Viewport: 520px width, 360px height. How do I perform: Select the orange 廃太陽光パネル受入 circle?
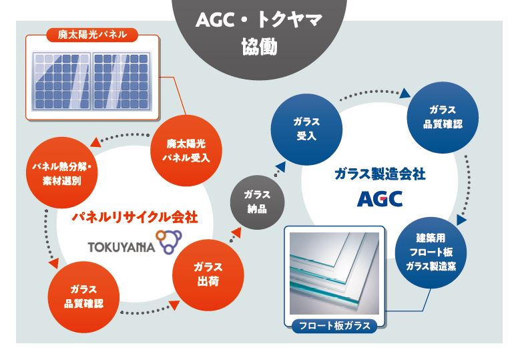[x=186, y=150]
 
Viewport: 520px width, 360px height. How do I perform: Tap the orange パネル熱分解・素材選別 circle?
[x=61, y=172]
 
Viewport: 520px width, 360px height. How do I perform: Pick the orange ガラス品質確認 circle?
[x=83, y=297]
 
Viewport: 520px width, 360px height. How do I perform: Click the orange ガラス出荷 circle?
[x=208, y=275]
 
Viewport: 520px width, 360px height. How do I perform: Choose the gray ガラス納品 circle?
[x=258, y=202]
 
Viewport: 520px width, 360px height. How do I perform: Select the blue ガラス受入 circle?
[x=306, y=129]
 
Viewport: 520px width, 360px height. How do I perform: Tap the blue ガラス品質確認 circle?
[x=443, y=118]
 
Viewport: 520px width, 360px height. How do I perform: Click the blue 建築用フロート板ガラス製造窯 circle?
[x=431, y=253]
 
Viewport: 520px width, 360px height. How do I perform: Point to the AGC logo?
[x=380, y=199]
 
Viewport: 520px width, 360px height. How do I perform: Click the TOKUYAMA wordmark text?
[x=121, y=247]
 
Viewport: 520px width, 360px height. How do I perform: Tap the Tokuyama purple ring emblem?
[x=169, y=242]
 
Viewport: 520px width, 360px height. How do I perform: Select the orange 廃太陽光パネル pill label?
[x=92, y=35]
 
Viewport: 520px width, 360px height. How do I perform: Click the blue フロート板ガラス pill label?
[x=334, y=326]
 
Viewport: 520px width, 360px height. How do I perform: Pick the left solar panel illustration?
[x=61, y=81]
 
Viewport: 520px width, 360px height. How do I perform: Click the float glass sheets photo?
[x=334, y=273]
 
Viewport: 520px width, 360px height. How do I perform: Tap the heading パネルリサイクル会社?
[x=135, y=217]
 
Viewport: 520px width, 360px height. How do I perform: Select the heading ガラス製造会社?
[x=380, y=174]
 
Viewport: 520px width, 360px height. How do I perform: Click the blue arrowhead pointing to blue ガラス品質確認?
[x=405, y=93]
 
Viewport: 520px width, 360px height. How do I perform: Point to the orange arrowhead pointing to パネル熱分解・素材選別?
[x=95, y=142]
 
